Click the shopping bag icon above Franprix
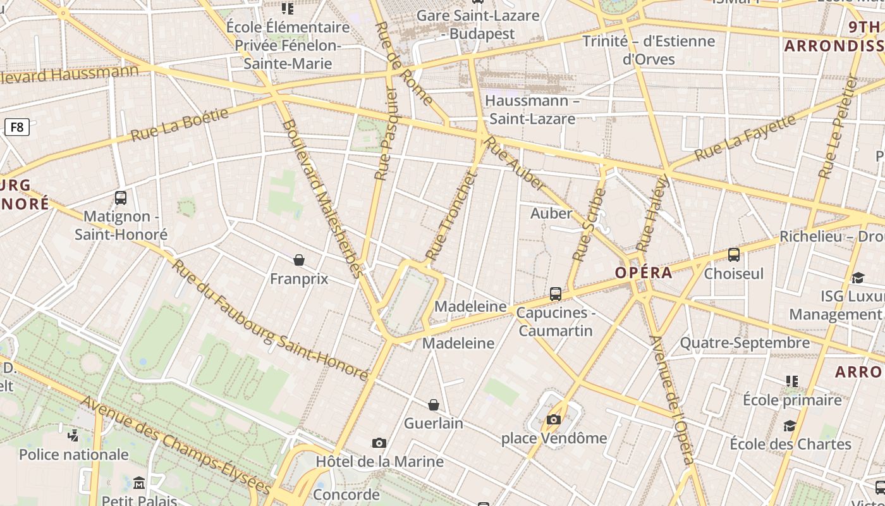tap(299, 260)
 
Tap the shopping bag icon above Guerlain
tap(434, 405)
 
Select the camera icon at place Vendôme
tap(554, 419)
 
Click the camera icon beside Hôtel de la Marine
tap(379, 443)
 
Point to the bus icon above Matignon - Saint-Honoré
tap(121, 197)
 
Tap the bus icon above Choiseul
tap(734, 255)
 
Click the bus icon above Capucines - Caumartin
tap(556, 294)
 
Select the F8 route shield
tap(17, 127)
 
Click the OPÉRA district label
tap(644, 273)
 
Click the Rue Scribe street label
tap(589, 225)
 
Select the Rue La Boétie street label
tap(180, 124)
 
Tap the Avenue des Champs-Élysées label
tap(176, 447)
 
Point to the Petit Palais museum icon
tap(139, 484)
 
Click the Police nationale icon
tap(73, 435)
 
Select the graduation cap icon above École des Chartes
tap(790, 426)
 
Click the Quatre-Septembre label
tap(745, 343)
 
